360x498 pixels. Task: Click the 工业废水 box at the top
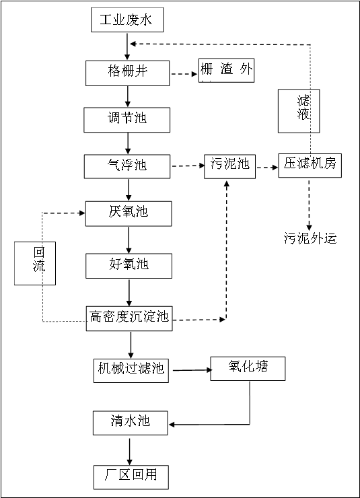[x=127, y=20]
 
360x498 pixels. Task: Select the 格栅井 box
[x=127, y=73]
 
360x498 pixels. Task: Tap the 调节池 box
[x=127, y=120]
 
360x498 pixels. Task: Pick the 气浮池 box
[x=127, y=166]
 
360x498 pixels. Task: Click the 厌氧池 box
[x=129, y=213]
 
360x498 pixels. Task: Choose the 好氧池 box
[x=129, y=266]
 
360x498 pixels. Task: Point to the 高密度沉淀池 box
[x=129, y=318]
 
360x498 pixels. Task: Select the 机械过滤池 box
[x=131, y=371]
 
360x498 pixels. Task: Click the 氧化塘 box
[x=248, y=368]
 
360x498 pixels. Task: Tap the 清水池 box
[x=130, y=423]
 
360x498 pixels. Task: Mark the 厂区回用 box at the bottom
[x=131, y=477]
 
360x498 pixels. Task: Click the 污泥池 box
[x=230, y=166]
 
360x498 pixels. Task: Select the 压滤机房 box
[x=310, y=166]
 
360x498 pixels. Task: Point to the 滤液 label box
[x=299, y=111]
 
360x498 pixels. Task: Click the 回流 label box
[x=35, y=263]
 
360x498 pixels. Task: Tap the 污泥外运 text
[x=310, y=238]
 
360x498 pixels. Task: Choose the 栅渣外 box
[x=226, y=70]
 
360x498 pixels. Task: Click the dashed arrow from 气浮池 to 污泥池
[x=188, y=166]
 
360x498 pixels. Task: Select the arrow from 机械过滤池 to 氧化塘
[x=192, y=370]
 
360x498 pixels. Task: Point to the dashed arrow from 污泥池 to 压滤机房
[x=267, y=168]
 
